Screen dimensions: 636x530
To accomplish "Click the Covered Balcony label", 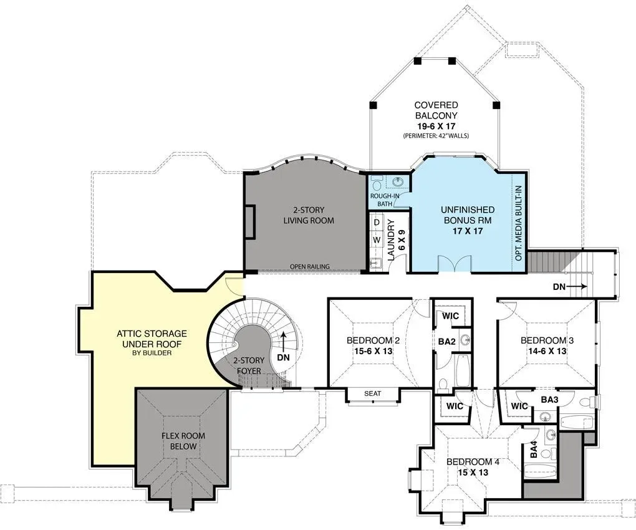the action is (x=436, y=110).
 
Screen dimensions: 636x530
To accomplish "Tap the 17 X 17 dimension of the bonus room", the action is (x=468, y=231).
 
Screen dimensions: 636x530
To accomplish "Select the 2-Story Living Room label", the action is (x=309, y=215).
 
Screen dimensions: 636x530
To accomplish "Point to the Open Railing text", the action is (x=309, y=266).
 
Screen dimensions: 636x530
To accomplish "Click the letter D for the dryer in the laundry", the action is (x=377, y=223).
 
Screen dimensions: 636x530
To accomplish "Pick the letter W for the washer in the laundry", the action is (x=377, y=239).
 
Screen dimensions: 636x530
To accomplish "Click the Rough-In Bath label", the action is (x=385, y=200).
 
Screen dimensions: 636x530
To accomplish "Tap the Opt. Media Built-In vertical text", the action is (x=518, y=223).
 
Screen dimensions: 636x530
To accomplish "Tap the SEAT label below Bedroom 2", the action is (x=372, y=393).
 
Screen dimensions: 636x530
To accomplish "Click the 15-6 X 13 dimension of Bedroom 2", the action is (x=373, y=351).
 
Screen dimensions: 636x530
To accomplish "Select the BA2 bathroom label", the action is (x=446, y=342).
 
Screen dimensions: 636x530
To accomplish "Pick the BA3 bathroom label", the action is (x=549, y=400).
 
